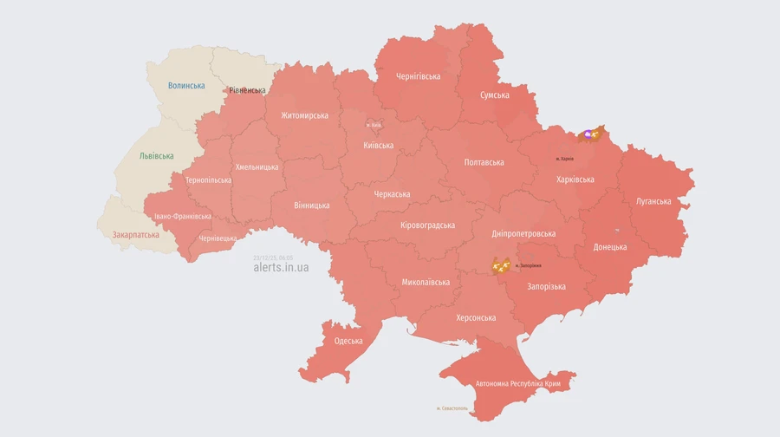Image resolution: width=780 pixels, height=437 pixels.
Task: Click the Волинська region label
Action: [186, 86]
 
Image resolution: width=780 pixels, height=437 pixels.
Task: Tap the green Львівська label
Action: [156, 156]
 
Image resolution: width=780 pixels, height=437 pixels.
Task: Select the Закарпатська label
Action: [136, 235]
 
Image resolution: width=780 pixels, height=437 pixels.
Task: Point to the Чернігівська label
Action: [418, 76]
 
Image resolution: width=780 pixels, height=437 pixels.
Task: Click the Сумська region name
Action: [495, 95]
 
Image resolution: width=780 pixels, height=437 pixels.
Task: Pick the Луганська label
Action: [653, 201]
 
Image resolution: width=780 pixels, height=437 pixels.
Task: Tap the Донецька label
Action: [610, 247]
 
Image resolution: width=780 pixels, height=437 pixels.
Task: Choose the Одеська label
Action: [348, 341]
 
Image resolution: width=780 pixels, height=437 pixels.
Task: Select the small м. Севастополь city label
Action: [452, 408]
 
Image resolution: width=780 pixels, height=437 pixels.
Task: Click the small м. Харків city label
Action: [564, 159]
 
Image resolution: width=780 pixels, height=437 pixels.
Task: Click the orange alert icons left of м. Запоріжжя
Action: [500, 265]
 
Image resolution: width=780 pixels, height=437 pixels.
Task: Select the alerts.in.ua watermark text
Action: [281, 267]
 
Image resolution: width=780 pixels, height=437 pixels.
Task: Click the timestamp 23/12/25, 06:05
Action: [273, 258]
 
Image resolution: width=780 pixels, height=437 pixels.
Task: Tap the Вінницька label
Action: [312, 205]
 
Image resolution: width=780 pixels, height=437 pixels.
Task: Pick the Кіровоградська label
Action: [427, 225]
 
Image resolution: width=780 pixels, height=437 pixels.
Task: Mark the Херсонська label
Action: [476, 317]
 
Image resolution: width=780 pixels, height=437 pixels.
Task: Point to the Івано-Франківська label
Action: [182, 216]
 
